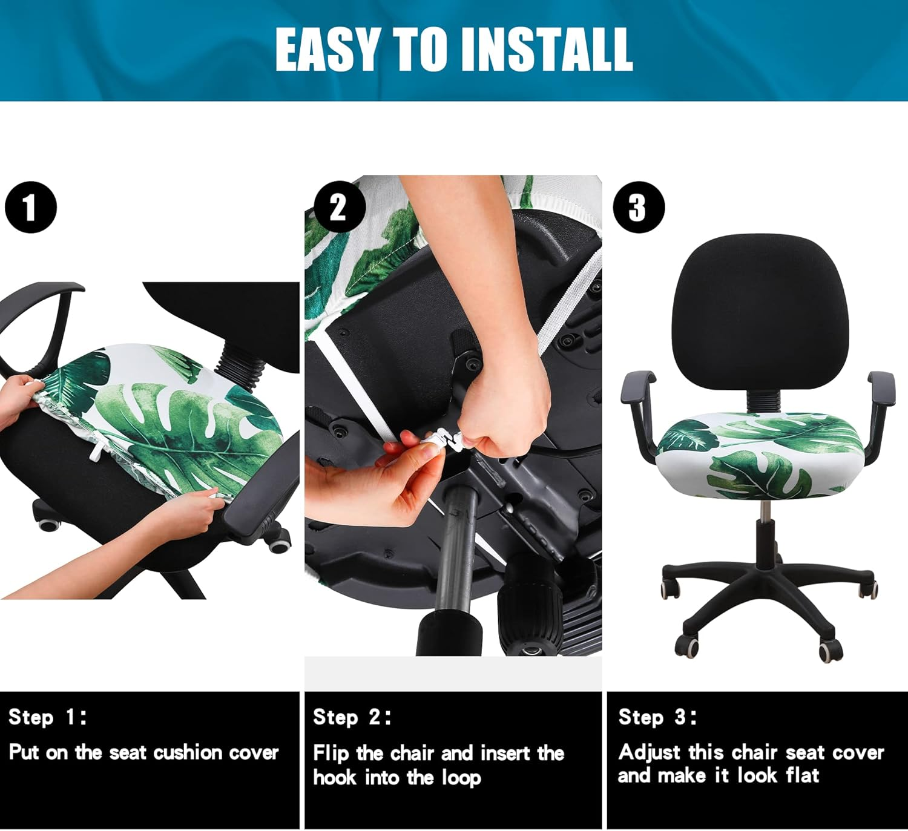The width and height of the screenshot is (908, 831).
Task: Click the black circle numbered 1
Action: tap(30, 207)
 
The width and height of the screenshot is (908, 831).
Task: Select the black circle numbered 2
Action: tap(339, 208)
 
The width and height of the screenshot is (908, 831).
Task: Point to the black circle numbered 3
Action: tap(639, 208)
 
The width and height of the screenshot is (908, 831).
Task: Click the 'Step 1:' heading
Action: tap(48, 717)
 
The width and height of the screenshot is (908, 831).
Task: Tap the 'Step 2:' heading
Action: tap(352, 717)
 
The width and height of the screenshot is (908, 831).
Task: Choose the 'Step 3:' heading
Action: tap(657, 717)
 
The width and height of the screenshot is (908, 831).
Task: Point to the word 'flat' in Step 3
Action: tap(802, 775)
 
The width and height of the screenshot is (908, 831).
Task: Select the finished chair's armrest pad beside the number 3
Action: tap(637, 386)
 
